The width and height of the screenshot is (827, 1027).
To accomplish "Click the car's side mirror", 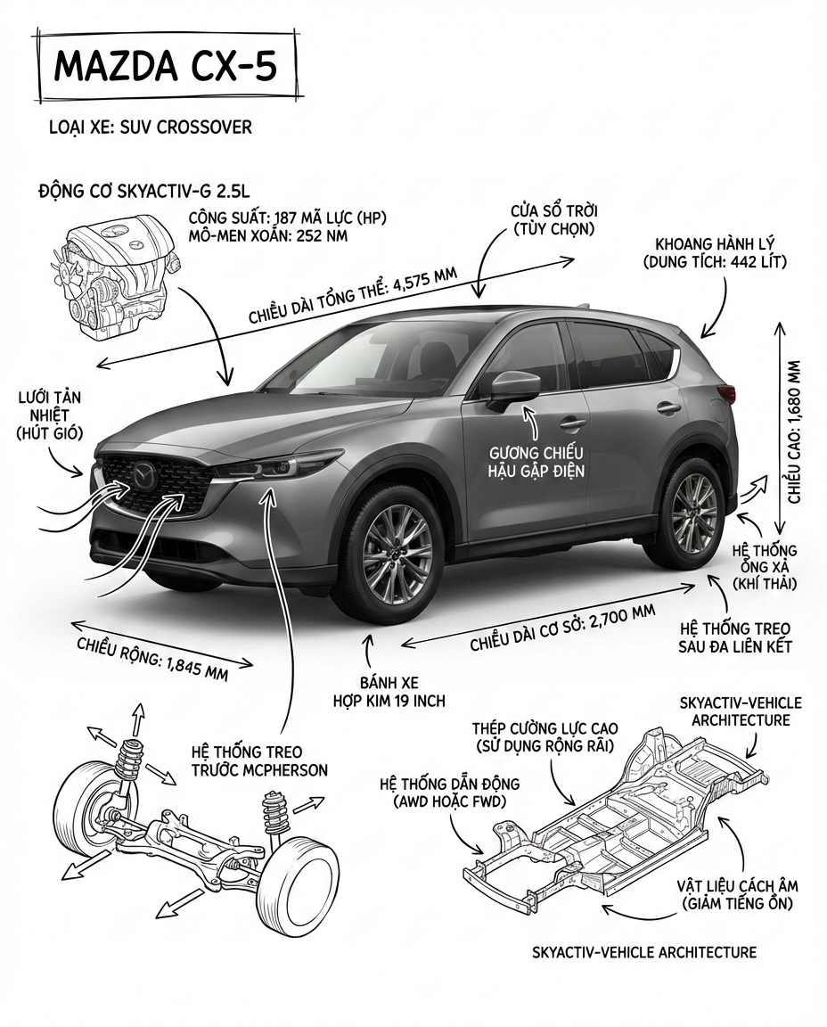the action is coord(515,385).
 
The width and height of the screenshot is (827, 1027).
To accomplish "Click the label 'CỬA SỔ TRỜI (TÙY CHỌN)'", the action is coord(553,220).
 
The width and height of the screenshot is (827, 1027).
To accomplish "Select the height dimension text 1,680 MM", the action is coord(795,431).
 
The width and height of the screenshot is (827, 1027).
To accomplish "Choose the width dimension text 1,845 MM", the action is coord(152,658).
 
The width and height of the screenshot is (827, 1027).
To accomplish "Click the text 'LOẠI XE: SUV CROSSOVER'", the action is coord(150,127).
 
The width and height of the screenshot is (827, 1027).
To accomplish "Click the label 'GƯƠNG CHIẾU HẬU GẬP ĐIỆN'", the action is coord(536,461).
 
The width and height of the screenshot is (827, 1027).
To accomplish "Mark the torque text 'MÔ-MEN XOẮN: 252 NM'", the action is coord(268,235).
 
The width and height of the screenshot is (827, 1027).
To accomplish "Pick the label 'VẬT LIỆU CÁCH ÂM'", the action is coord(737,885).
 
